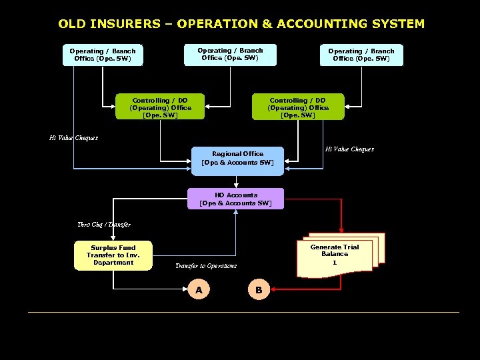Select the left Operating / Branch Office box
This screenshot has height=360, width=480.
[x=103, y=55]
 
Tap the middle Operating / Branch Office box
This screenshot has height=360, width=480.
[x=230, y=54]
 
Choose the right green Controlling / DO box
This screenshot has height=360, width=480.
[x=298, y=107]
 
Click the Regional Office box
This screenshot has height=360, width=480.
[x=237, y=158]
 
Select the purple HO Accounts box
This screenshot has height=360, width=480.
[x=235, y=199]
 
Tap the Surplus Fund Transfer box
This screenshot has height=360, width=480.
[x=113, y=255]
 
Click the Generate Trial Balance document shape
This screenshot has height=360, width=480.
[x=337, y=256]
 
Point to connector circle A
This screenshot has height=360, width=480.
[x=198, y=290]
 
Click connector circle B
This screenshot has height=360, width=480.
[x=259, y=290]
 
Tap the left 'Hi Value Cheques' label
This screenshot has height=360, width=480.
[x=73, y=138]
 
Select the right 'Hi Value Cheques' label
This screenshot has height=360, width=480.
[x=349, y=149]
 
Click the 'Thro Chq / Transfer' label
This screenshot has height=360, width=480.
[x=103, y=225]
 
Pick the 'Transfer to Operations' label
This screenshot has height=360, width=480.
[x=205, y=266]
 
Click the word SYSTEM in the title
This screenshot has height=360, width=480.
[x=397, y=24]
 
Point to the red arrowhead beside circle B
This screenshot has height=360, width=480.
[x=274, y=290]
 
